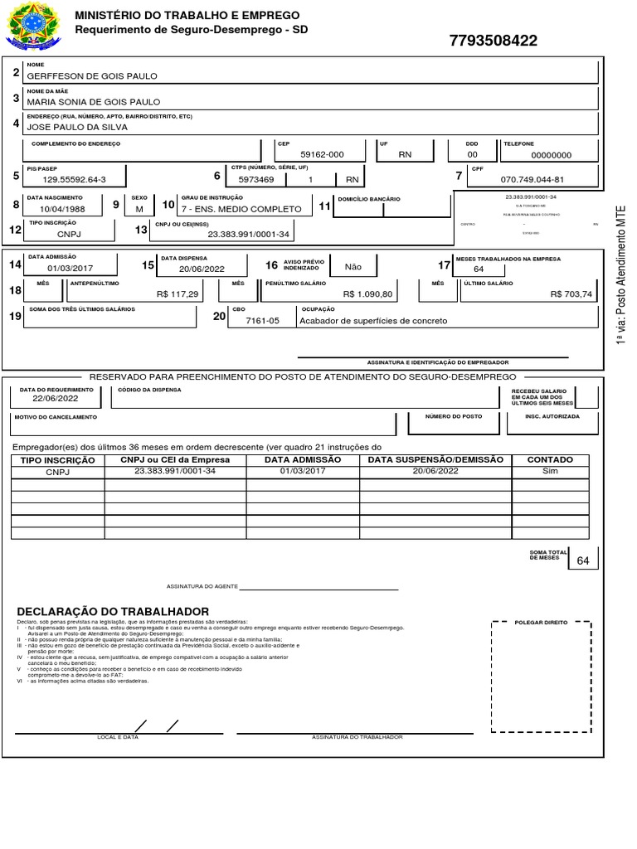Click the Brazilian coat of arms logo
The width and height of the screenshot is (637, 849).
[33, 25]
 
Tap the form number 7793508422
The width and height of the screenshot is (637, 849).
[493, 41]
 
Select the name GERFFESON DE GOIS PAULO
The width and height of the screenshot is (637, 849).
[92, 75]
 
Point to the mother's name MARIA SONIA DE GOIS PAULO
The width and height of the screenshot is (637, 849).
[94, 102]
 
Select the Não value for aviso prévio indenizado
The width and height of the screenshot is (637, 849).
[353, 267]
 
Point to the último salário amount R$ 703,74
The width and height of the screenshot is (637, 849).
[571, 294]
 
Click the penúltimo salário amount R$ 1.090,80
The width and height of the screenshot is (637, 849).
[368, 294]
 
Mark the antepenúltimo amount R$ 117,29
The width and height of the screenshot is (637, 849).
[177, 294]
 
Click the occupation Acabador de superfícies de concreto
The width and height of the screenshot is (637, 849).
[373, 321]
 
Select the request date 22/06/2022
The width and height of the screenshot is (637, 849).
[56, 398]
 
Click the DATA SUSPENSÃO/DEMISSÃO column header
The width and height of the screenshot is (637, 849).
[435, 460]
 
